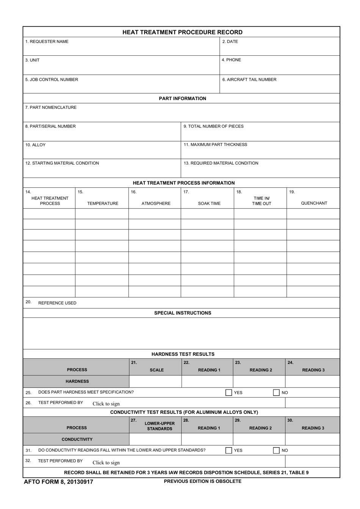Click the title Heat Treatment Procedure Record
pyautogui.click(x=182, y=32)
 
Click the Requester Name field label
pyautogui.click(x=47, y=42)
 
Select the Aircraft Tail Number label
pyautogui.click(x=249, y=80)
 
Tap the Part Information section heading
pyautogui.click(x=182, y=99)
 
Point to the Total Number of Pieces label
pyautogui.click(x=213, y=126)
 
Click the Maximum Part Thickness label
pyautogui.click(x=215, y=145)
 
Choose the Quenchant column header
pyautogui.click(x=314, y=203)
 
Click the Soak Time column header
pyautogui.click(x=209, y=204)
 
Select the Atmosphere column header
pyautogui.click(x=156, y=204)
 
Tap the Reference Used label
pyautogui.click(x=57, y=303)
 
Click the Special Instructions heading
pyautogui.click(x=183, y=313)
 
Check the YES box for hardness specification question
pyautogui.click(x=229, y=393)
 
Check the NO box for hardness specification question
pyautogui.click(x=277, y=393)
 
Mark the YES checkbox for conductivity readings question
pyautogui.click(x=229, y=450)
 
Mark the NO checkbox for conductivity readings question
pyautogui.click(x=277, y=450)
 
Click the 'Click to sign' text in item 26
pyautogui.click(x=106, y=404)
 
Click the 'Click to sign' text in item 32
pyautogui.click(x=106, y=463)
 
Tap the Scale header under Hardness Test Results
pyautogui.click(x=157, y=370)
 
